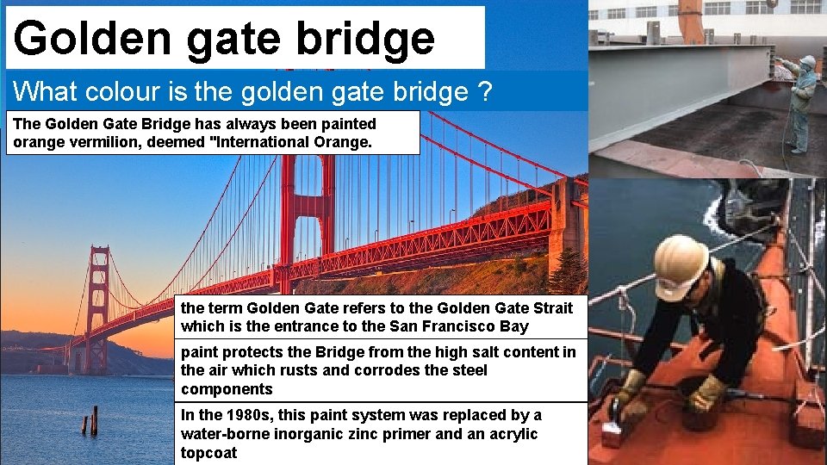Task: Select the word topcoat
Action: click(208, 453)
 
